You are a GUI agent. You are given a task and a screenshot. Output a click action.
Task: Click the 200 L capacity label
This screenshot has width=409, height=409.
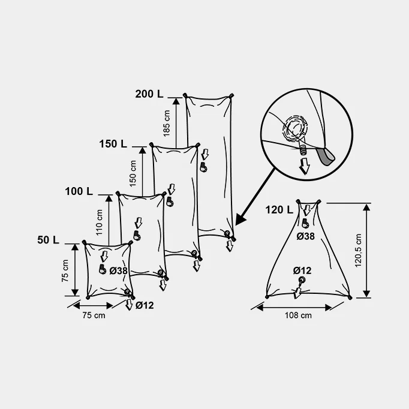tap(149, 94)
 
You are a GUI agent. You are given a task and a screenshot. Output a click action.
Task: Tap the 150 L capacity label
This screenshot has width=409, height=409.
tap(113, 144)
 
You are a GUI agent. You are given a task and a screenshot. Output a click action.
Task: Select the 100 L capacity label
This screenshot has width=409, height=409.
tap(79, 191)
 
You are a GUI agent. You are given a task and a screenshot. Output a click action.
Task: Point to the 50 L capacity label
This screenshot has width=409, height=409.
tap(48, 240)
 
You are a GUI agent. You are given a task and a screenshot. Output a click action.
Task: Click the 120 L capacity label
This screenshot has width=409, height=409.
tap(279, 210)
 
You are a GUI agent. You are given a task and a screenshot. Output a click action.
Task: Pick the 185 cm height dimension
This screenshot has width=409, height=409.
tap(166, 123)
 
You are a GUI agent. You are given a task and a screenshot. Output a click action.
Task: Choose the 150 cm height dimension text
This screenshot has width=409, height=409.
tap(133, 173)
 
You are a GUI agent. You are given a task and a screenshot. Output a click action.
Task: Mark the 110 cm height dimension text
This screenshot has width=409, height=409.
tap(99, 222)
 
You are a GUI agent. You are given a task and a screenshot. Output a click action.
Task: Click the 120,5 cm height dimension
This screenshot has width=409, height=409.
tap(358, 251)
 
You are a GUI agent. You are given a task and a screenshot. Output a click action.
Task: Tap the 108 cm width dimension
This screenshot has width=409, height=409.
tap(298, 315)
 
